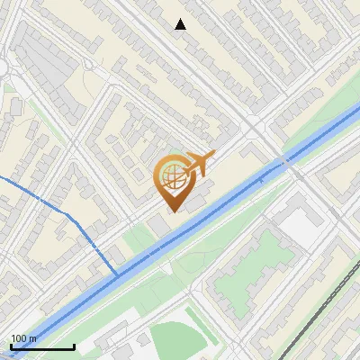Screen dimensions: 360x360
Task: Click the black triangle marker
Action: (181, 24)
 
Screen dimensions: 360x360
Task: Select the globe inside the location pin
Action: (173, 177)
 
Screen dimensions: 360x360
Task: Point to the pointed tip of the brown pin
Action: (172, 211)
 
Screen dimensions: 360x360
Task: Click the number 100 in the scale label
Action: (19, 338)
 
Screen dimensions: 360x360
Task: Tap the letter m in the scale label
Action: (33, 338)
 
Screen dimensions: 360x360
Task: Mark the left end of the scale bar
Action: (10, 346)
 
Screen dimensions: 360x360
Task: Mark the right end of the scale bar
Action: (74, 346)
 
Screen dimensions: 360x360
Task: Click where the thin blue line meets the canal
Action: (117, 274)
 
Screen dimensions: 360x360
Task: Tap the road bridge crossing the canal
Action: (286, 162)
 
